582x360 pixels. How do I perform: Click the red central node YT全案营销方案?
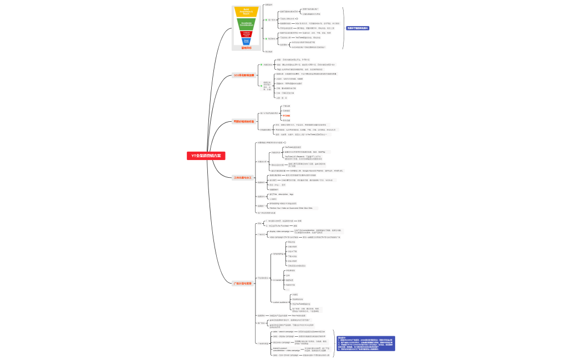(x=206, y=156)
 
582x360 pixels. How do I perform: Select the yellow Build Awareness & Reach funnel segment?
(x=247, y=12)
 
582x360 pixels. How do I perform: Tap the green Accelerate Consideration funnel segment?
(x=247, y=24)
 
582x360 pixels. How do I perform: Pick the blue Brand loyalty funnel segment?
(x=247, y=41)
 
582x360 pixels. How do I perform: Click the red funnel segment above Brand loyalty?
(x=247, y=33)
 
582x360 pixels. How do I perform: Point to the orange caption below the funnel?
(x=246, y=48)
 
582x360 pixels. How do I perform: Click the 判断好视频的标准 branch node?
(x=243, y=121)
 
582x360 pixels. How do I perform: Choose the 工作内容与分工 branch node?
(x=243, y=178)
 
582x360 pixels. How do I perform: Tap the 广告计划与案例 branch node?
(x=242, y=283)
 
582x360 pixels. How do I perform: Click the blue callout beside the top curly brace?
(x=358, y=28)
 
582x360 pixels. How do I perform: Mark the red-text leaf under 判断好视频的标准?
(x=287, y=116)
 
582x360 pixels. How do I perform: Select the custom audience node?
(x=280, y=302)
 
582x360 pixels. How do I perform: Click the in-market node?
(x=278, y=280)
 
